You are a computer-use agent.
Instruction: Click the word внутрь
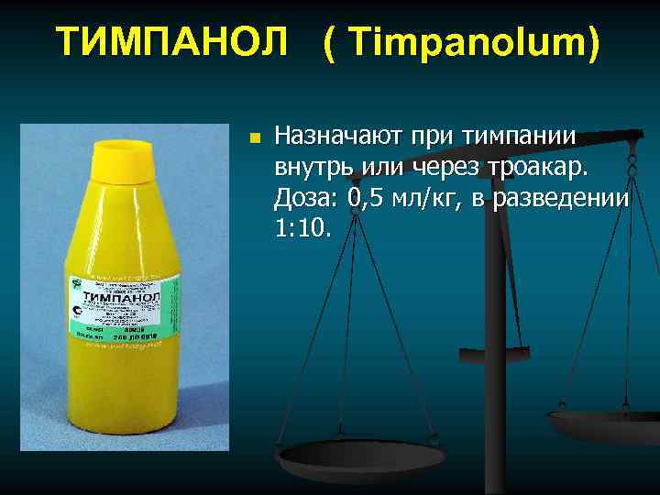point(316,168)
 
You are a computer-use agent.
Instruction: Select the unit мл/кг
point(429,198)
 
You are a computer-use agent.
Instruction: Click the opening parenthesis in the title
point(329,42)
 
